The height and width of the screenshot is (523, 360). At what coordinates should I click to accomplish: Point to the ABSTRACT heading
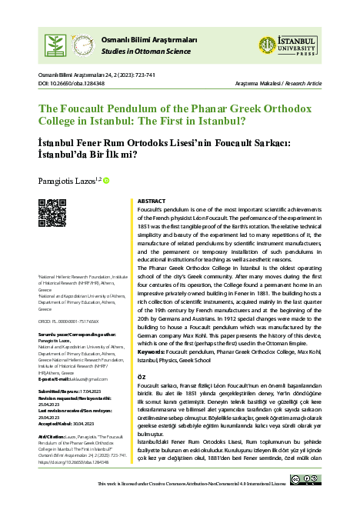(152, 201)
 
